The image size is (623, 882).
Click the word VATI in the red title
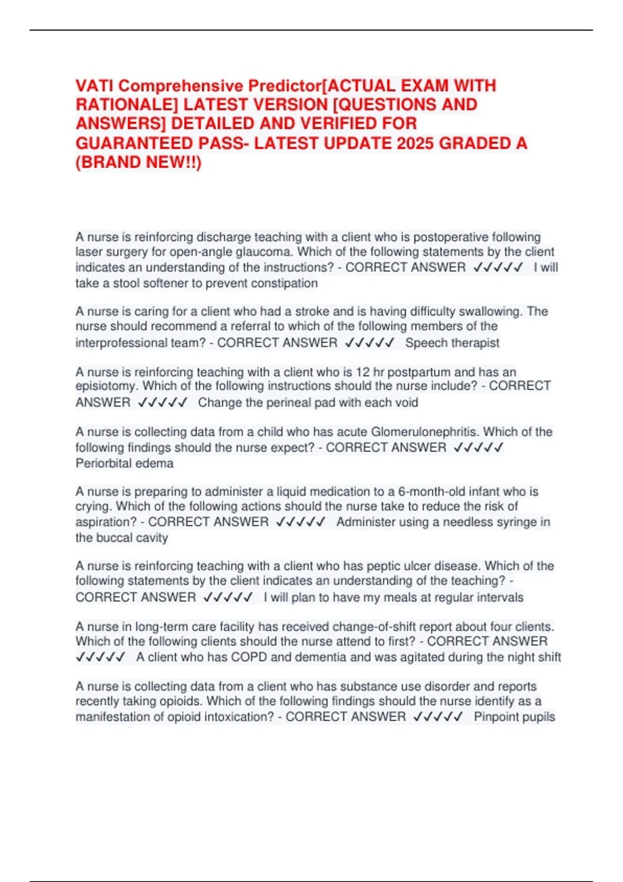point(94,86)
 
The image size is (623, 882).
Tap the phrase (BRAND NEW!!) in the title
point(138,162)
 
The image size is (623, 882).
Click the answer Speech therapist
point(452,343)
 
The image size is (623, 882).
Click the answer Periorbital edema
point(125,463)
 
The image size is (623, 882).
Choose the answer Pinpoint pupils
point(514,717)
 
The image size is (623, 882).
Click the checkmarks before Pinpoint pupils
point(438,717)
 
